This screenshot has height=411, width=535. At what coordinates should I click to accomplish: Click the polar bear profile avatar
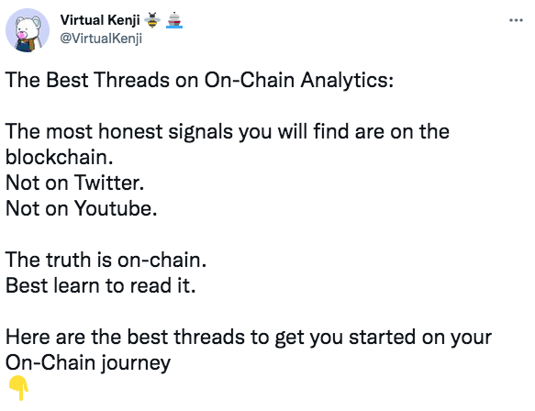[28, 30]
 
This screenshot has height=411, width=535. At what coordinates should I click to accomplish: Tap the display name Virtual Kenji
[100, 20]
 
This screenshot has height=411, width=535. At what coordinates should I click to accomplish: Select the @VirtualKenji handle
[101, 39]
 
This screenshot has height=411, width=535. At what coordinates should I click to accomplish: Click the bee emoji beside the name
[152, 20]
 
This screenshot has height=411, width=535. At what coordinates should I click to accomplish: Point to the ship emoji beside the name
[174, 20]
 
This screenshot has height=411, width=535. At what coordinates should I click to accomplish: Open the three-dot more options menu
[516, 20]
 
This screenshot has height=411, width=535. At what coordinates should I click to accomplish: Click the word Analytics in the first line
[347, 81]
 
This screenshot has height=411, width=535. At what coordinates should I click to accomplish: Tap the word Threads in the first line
[132, 80]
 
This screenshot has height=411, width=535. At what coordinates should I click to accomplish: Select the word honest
[130, 132]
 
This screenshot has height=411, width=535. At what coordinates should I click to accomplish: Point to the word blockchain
[59, 157]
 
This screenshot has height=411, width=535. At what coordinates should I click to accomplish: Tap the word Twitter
[109, 183]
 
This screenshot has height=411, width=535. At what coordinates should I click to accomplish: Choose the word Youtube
[116, 208]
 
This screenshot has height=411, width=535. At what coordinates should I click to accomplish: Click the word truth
[69, 260]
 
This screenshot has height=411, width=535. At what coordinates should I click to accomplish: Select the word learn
[76, 285]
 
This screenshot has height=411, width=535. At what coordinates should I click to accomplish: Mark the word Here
[28, 337]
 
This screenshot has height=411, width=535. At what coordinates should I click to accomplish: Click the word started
[383, 337]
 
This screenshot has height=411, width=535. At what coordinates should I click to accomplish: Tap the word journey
[136, 363]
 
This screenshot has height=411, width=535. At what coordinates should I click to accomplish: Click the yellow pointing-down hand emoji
[18, 388]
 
